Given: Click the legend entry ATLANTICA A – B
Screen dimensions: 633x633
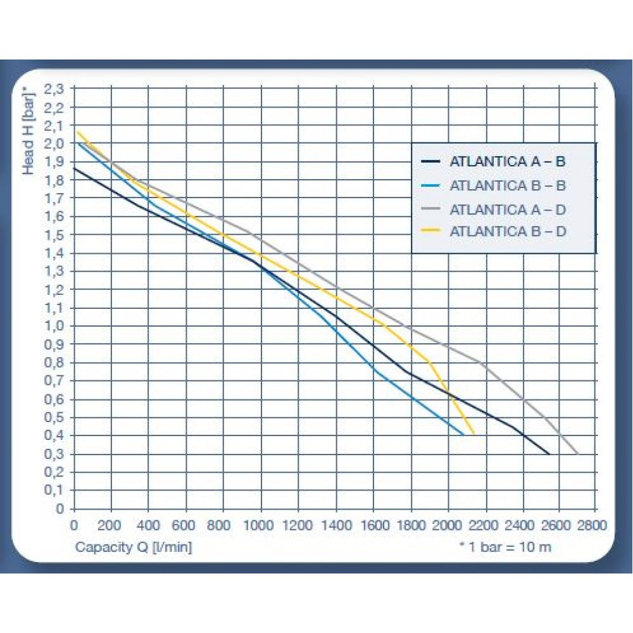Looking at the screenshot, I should (507, 161).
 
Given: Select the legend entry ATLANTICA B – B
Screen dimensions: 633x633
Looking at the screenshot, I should (507, 185).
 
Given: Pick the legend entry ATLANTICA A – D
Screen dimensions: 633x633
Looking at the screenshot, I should (507, 208).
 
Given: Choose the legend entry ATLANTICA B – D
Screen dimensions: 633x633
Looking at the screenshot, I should (507, 231).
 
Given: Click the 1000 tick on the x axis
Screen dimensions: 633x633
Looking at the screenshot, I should (260, 525).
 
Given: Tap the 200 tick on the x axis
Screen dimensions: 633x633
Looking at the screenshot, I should (111, 525).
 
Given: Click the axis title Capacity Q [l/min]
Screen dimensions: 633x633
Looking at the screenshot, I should (133, 546).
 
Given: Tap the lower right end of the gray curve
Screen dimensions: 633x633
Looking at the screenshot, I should (577, 453).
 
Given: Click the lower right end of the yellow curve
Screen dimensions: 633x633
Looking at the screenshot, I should (473, 435).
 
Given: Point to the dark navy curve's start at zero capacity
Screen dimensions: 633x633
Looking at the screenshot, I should (74, 168).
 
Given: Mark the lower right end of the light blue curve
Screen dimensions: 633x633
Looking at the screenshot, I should (463, 435).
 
